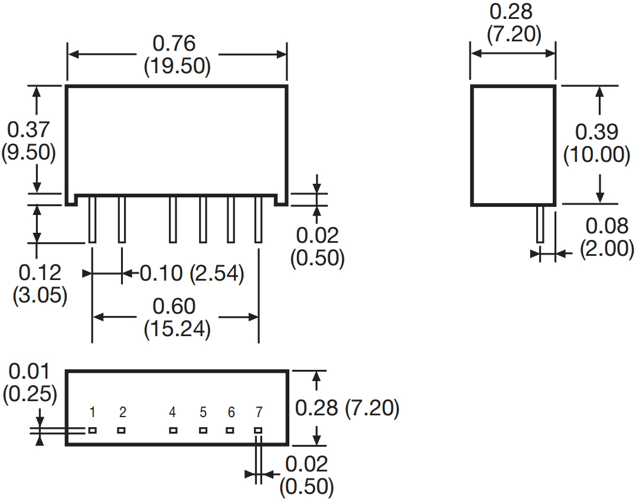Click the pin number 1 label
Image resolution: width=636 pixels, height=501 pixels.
pos(93,412)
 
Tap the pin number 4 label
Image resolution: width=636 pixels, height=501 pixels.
pos(172,412)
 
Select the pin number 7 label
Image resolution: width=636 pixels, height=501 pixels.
pos(259,412)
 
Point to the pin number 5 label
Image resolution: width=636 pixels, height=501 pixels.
pos(203,412)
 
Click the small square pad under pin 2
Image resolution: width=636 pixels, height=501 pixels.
pos(122,430)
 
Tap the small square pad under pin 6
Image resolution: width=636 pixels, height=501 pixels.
pos(230,430)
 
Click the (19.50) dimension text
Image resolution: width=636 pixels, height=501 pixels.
pos(177,66)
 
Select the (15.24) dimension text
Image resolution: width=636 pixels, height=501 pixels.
pos(177,329)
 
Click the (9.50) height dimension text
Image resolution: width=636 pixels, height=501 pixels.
pos(30,152)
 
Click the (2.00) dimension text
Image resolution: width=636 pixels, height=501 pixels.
pos(606,248)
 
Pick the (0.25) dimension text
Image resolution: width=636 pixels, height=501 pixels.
pos(30,394)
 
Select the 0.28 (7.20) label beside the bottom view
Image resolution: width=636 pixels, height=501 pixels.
pos(347,408)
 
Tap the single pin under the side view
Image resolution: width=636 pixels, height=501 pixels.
pos(540,224)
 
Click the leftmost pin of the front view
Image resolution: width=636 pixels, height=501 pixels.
pos(93,219)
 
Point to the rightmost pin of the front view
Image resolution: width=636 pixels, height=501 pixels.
pos(258,219)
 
